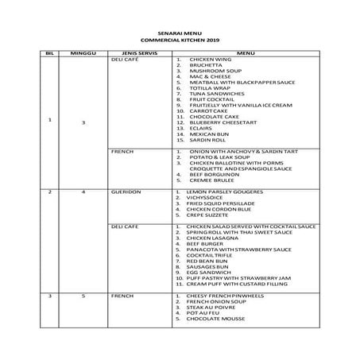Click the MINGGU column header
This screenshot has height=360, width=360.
point(83,53)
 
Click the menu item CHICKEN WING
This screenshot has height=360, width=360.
point(210,60)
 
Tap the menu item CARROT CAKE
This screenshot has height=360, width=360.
point(209,110)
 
